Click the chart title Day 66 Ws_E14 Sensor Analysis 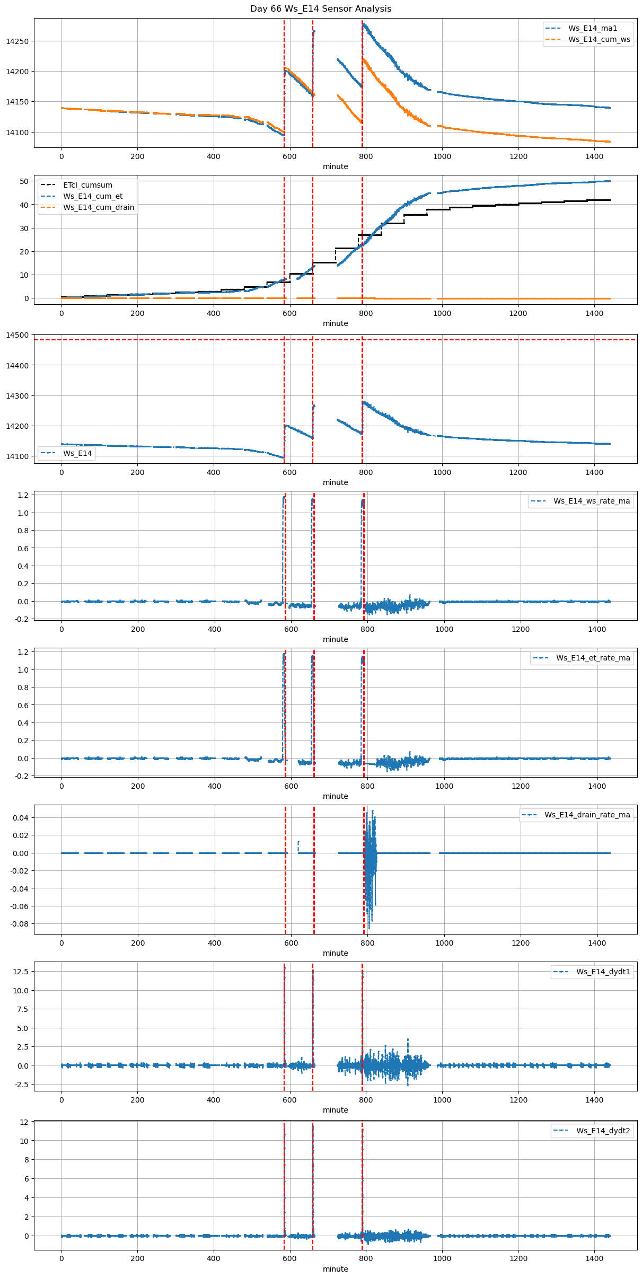click(x=321, y=9)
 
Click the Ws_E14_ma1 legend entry click(x=593, y=28)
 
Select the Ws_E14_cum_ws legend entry click(x=599, y=39)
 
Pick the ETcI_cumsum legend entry click(x=87, y=185)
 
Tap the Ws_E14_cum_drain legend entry click(x=99, y=207)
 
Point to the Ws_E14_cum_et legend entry click(x=93, y=196)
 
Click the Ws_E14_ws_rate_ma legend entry click(x=592, y=501)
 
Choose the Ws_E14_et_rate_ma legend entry click(x=593, y=658)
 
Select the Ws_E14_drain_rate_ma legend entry click(x=587, y=815)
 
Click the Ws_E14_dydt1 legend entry click(x=603, y=972)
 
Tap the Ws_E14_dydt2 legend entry click(x=603, y=1131)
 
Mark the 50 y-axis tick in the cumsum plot click(x=23, y=181)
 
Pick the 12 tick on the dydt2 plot click(x=24, y=1122)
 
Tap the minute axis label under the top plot click(x=335, y=166)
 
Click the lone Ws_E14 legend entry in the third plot click(x=77, y=453)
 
